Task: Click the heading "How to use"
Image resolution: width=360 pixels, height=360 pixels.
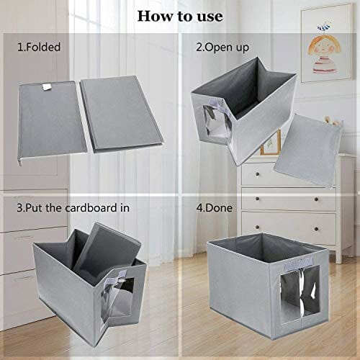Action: point(180,17)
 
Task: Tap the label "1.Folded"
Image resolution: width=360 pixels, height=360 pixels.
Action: point(39,47)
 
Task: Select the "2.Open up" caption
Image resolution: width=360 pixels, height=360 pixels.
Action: point(222,48)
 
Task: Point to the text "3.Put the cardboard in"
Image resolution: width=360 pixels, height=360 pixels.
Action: point(73,208)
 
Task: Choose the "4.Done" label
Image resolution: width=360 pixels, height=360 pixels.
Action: point(214,208)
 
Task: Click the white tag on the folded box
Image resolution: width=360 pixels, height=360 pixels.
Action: point(47,87)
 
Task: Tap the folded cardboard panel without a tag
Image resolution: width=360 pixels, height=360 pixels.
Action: point(122,114)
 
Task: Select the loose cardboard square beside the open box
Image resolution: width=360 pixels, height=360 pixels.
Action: point(307,150)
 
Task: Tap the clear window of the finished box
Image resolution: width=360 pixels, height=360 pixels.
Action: point(300,294)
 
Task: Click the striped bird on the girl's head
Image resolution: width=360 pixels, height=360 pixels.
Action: point(324,27)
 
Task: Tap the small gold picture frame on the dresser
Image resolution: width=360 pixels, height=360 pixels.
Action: point(271,143)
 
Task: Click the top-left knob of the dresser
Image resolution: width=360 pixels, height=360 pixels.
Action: point(257,174)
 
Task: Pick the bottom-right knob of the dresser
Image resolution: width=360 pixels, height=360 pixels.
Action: point(316,229)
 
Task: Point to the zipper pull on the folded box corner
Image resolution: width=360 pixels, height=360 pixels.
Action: point(19,162)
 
